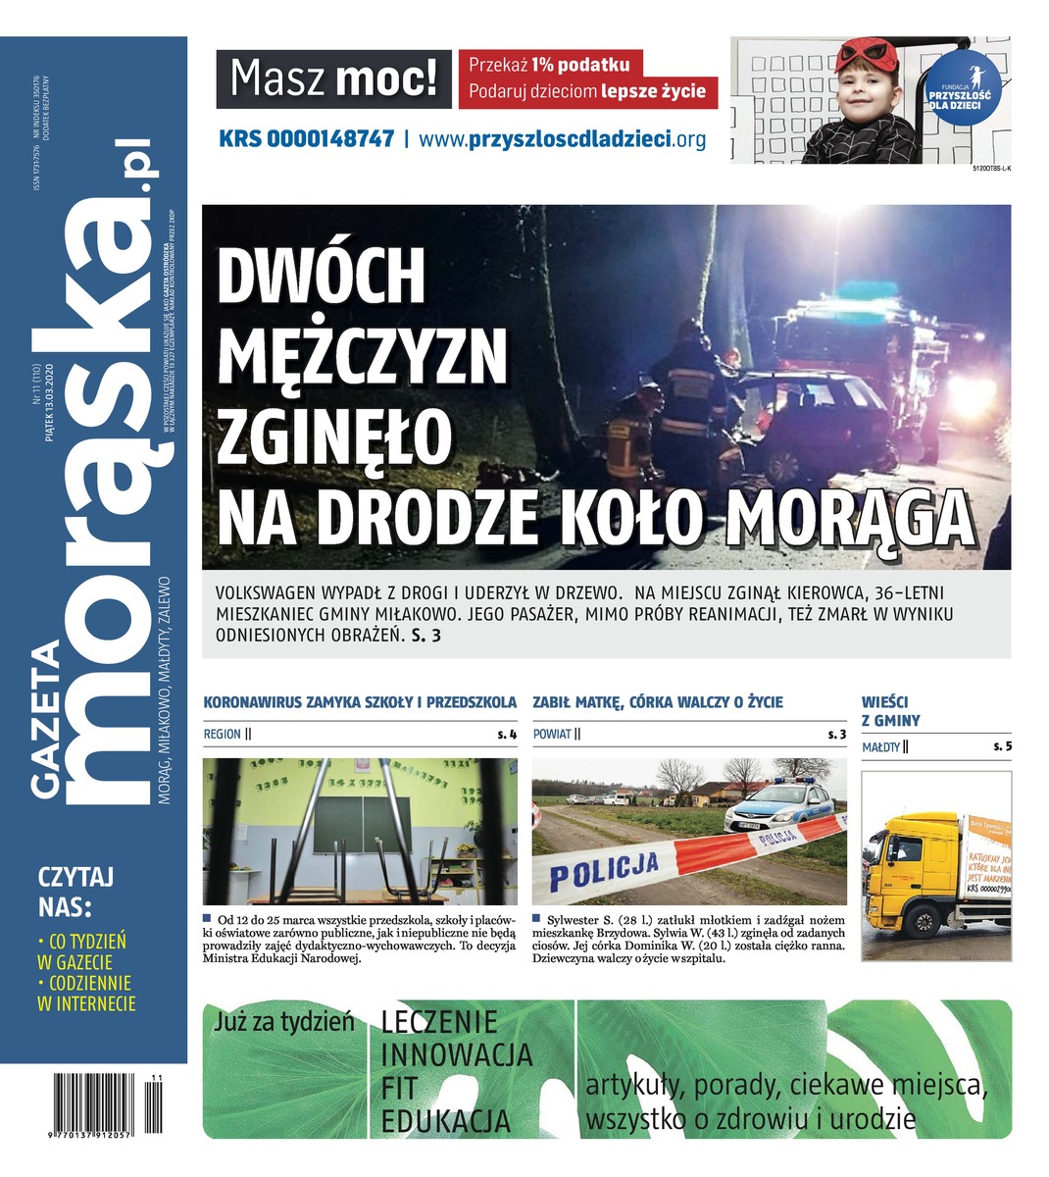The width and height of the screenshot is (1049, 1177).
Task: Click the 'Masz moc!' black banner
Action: [333, 79]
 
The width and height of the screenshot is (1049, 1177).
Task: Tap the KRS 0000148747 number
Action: [306, 139]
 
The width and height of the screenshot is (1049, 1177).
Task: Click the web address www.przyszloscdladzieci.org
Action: [562, 139]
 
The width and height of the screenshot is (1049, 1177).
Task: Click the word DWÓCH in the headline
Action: [321, 279]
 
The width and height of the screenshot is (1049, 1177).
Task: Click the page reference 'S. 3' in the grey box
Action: [425, 636]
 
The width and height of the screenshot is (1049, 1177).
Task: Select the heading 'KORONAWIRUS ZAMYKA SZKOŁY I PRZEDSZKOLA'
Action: [359, 702]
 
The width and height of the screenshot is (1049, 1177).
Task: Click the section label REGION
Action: [223, 734]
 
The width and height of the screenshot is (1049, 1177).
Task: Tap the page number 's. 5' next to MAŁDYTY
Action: [1002, 747]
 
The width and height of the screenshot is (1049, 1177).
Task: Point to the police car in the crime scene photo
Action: [781, 806]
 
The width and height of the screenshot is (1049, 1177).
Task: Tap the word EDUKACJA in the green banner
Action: [446, 1120]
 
